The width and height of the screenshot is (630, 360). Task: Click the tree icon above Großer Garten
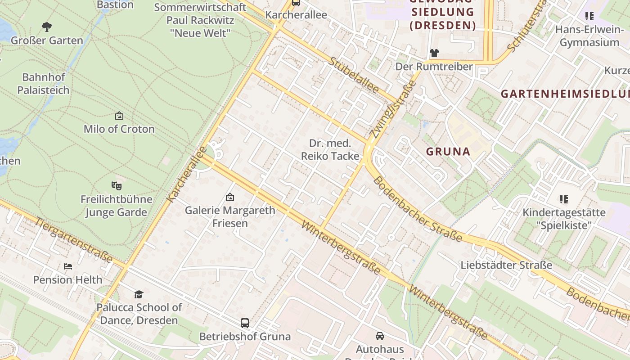(x=46, y=27)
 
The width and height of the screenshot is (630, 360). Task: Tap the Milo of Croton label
(x=119, y=129)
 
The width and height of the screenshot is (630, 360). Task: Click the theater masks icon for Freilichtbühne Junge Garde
(x=117, y=185)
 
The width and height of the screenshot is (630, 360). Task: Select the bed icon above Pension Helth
(x=68, y=266)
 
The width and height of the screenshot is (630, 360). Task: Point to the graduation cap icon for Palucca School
(x=139, y=294)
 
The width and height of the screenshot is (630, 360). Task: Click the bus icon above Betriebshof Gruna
(x=245, y=323)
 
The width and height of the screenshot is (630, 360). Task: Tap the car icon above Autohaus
(x=380, y=336)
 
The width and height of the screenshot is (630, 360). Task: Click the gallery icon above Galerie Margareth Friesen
(x=230, y=197)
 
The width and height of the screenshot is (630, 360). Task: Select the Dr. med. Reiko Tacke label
(x=330, y=150)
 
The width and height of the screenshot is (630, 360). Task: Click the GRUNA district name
(x=448, y=152)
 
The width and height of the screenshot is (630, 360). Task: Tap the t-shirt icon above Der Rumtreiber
(x=434, y=53)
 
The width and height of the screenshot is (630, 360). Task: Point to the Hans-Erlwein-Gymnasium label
(x=589, y=36)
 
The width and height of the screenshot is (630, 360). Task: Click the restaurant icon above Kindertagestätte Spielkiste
(x=563, y=199)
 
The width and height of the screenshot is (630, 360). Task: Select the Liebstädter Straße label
(x=506, y=265)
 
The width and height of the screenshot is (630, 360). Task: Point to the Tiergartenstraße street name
(x=74, y=240)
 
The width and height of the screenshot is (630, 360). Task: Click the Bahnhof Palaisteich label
(x=44, y=84)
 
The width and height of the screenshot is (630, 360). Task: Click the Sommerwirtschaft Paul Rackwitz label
(x=200, y=20)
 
